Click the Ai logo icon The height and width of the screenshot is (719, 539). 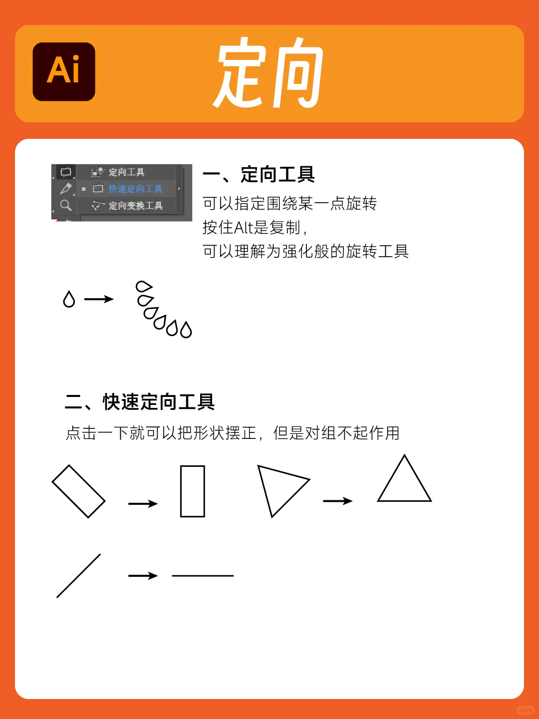click(x=64, y=71)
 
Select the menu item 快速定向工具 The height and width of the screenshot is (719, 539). click(x=135, y=189)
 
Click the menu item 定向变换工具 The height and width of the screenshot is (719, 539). click(x=135, y=206)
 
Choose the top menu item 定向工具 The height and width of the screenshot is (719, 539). click(x=126, y=172)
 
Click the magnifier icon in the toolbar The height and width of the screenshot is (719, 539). click(x=65, y=205)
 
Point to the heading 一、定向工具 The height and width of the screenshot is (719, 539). click(x=259, y=175)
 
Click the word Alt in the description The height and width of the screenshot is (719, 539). click(x=244, y=228)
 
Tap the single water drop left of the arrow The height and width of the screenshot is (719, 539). click(x=69, y=299)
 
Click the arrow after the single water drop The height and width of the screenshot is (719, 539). click(x=99, y=299)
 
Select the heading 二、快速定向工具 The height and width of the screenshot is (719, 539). click(x=140, y=402)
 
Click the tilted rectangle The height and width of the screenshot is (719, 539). click(x=79, y=491)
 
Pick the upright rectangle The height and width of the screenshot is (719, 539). click(x=193, y=491)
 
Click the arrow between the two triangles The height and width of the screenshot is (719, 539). click(x=338, y=501)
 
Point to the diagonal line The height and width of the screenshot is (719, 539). click(x=79, y=576)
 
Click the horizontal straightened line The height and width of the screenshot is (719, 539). click(x=203, y=576)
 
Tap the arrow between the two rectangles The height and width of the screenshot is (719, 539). click(x=143, y=504)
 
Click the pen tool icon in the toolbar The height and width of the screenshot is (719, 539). click(x=65, y=189)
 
